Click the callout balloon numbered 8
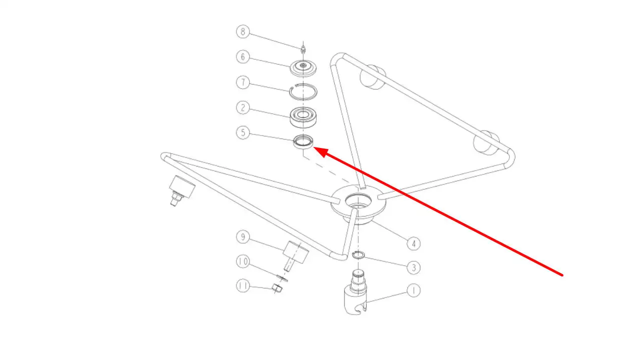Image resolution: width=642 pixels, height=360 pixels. click(243, 32)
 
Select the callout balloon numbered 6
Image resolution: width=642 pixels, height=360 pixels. click(243, 56)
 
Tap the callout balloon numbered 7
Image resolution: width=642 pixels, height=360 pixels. click(243, 82)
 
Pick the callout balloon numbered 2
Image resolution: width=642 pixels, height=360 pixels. click(243, 107)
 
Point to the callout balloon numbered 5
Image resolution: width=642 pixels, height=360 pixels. click(243, 132)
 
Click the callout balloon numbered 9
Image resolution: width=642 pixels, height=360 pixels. click(243, 237)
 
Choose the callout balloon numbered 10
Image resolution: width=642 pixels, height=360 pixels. click(243, 261)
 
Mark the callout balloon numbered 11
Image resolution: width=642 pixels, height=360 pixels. click(243, 286)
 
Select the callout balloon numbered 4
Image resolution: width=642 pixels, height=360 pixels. click(413, 243)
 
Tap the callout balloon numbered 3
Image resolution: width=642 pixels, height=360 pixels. click(413, 267)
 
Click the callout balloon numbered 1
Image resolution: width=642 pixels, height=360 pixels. click(413, 290)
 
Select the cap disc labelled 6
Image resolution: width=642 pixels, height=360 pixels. click(303, 68)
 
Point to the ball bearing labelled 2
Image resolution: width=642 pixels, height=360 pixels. click(303, 117)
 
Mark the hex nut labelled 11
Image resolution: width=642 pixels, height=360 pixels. click(277, 288)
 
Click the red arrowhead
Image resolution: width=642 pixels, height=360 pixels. click(322, 152)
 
